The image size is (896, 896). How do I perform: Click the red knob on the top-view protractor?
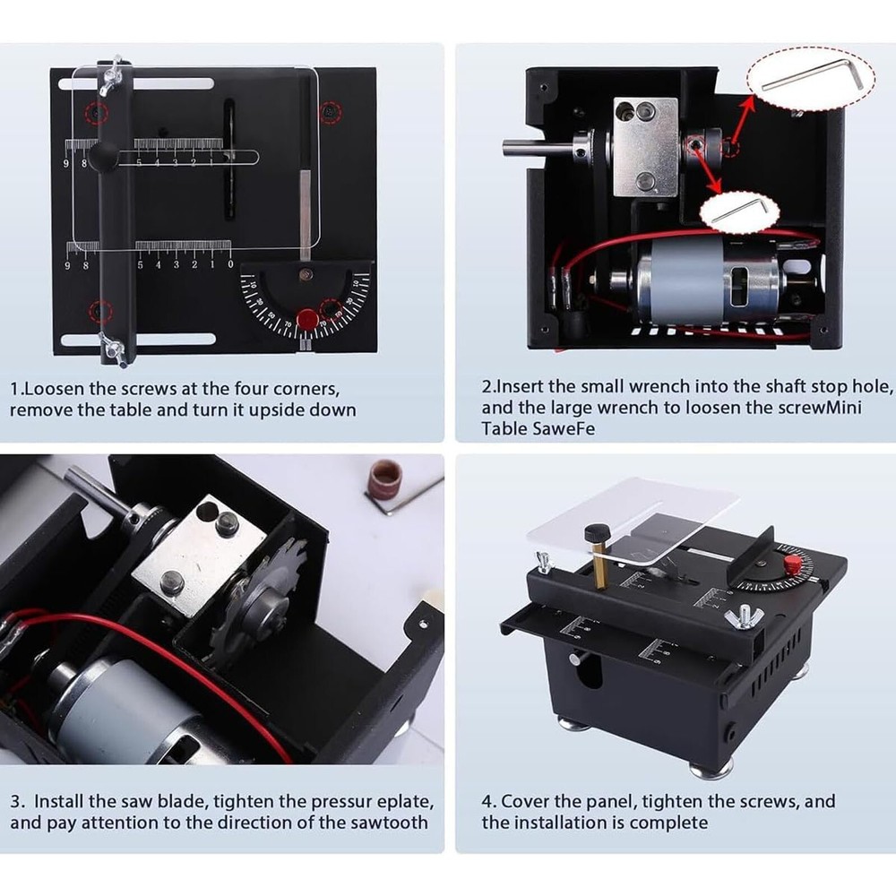(307, 317)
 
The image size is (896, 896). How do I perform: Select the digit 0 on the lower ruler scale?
(230, 264)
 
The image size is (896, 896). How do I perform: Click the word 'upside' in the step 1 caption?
(279, 410)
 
